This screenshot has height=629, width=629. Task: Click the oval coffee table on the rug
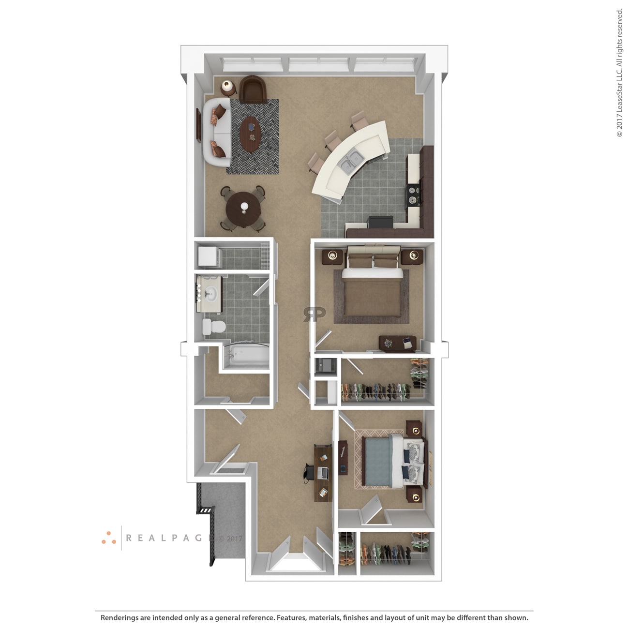pos(251,134)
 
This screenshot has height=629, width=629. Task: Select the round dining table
pos(243,209)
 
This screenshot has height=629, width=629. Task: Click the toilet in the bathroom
pos(214,327)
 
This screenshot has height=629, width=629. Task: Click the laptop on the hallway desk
pos(322,472)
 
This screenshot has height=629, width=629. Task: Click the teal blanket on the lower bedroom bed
pos(377,461)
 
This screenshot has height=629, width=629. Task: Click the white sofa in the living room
pos(217,133)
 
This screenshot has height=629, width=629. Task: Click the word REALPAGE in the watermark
pos(168,538)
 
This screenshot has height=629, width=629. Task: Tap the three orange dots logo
pos(109,538)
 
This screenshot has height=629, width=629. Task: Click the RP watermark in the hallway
pos(314,314)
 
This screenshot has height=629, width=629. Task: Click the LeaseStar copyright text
pos(619,73)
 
